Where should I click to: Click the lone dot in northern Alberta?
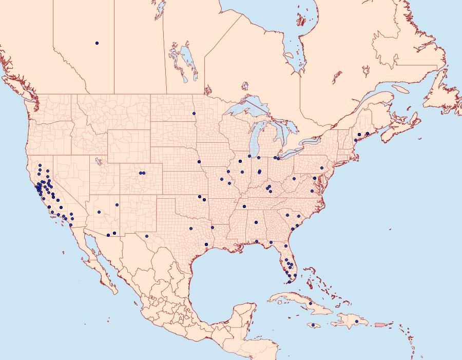pyautogui.click(x=97, y=43)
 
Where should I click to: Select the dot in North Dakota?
pyautogui.click(x=194, y=113)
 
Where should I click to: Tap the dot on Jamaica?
pyautogui.click(x=313, y=325)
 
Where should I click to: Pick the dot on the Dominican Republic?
pyautogui.click(x=357, y=321)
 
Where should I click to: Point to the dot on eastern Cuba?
pyautogui.click(x=311, y=304)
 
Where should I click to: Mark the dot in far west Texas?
pyautogui.click(x=147, y=236)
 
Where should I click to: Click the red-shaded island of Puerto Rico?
pyautogui.click(x=380, y=324)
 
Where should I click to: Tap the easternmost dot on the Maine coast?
pyautogui.click(x=367, y=134)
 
